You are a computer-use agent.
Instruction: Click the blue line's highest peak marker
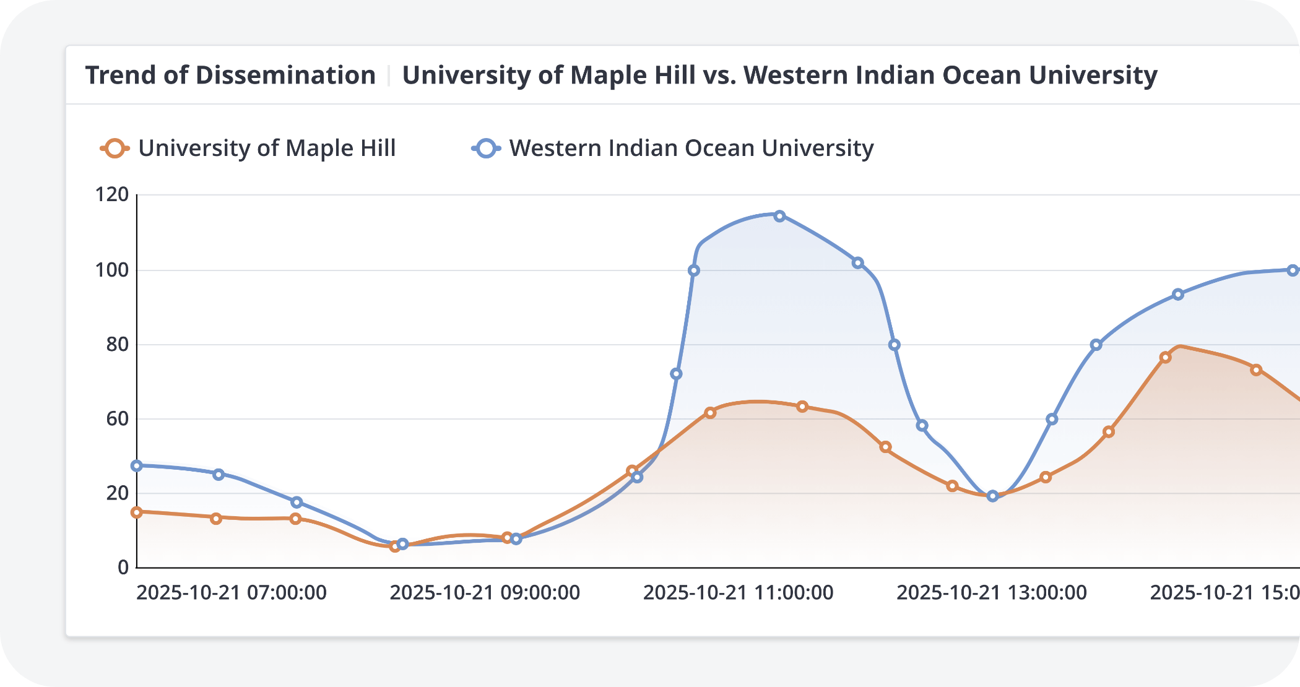click(x=780, y=216)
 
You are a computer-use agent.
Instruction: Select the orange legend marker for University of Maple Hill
click(x=115, y=149)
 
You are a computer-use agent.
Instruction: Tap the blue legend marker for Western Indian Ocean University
click(x=487, y=149)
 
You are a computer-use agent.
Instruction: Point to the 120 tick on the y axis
click(x=112, y=194)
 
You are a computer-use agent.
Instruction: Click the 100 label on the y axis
click(x=112, y=270)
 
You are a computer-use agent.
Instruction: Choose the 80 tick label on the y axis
click(x=117, y=344)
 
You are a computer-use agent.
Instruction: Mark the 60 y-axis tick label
click(x=117, y=418)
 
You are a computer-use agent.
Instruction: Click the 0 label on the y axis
click(x=123, y=567)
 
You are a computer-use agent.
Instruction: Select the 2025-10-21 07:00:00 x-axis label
click(x=232, y=592)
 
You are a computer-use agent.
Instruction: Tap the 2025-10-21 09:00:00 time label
click(x=485, y=592)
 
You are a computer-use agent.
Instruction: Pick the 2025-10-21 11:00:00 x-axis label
click(x=738, y=592)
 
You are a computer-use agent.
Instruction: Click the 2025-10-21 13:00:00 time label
click(x=992, y=592)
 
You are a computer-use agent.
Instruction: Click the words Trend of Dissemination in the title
click(x=230, y=76)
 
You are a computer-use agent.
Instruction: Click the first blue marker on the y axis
click(x=137, y=465)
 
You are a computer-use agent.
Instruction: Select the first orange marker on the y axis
click(x=137, y=512)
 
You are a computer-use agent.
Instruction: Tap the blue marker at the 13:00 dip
click(x=993, y=496)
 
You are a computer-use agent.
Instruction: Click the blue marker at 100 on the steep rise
click(x=694, y=270)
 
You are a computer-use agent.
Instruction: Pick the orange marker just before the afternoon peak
click(x=1165, y=357)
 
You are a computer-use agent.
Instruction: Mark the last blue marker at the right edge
click(x=1293, y=270)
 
